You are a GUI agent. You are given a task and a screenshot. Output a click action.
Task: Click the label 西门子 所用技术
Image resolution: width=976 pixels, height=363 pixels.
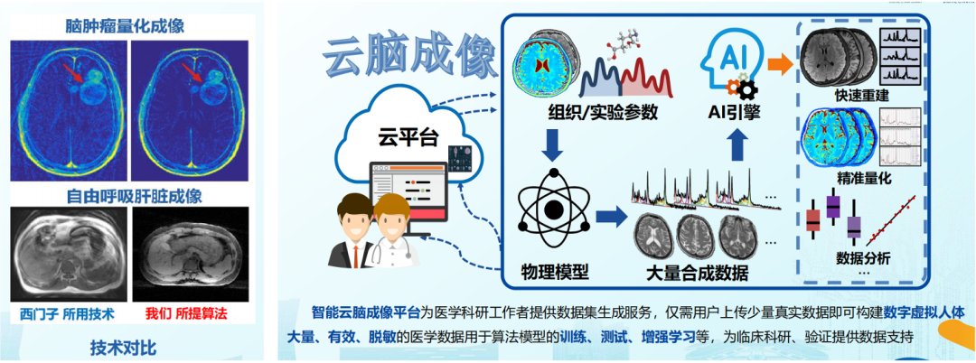click(67, 313)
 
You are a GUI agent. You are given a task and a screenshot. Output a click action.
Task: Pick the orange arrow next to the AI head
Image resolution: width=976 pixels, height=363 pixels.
click(780, 63)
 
